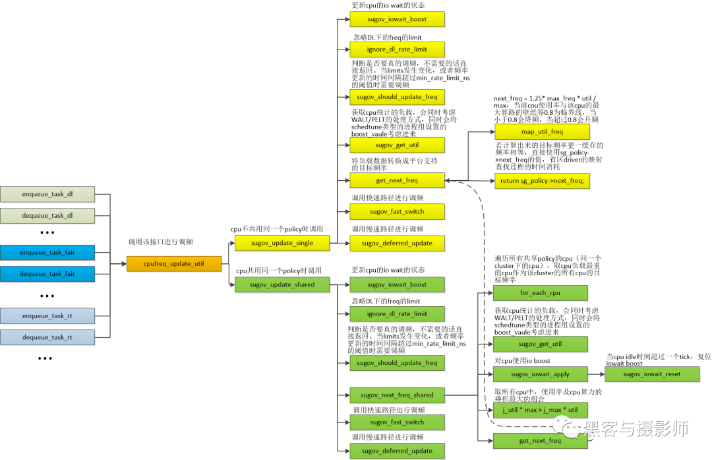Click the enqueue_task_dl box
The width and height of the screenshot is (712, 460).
pyautogui.click(x=47, y=194)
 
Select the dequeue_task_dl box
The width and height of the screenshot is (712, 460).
pyautogui.click(x=47, y=215)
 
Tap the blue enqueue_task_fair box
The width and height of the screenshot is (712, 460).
pyautogui.click(x=47, y=252)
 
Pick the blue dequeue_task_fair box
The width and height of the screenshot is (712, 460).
pyautogui.click(x=47, y=273)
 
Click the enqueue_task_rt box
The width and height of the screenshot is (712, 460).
pyautogui.click(x=47, y=316)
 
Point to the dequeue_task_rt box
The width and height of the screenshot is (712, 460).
pyautogui.click(x=47, y=337)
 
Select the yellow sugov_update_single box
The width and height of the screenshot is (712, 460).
pyautogui.click(x=282, y=243)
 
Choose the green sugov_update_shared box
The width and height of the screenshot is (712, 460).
pyautogui.click(x=282, y=284)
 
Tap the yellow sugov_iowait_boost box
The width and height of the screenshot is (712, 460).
pyautogui.click(x=397, y=19)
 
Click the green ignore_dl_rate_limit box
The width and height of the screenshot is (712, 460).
pyautogui.click(x=397, y=313)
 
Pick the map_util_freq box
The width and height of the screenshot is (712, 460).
pyautogui.click(x=542, y=131)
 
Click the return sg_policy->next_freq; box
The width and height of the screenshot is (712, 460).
pyautogui.click(x=542, y=180)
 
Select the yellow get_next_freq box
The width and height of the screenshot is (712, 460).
pyautogui.click(x=397, y=180)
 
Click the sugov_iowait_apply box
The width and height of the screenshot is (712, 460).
pyautogui.click(x=540, y=374)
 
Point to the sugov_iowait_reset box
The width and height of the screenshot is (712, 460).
pyautogui.click(x=651, y=374)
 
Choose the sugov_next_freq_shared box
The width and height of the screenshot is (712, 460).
pyautogui.click(x=397, y=395)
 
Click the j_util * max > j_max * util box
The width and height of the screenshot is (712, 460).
pyautogui.click(x=540, y=411)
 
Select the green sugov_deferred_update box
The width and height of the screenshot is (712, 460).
pyautogui.click(x=397, y=451)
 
